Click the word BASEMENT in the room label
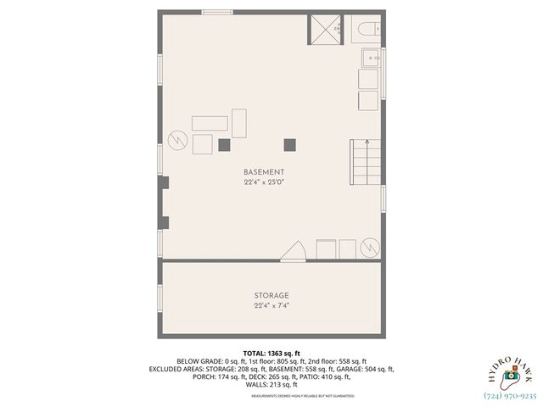263,172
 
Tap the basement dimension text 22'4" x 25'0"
263,182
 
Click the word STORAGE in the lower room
271,295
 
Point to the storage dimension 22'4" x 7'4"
271,305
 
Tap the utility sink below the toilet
371,58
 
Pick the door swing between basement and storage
294,251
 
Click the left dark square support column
224,144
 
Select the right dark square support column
290,144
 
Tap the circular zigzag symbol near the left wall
179,140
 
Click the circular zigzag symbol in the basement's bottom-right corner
370,247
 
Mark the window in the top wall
217,12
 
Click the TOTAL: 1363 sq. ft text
271,353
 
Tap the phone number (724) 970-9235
509,394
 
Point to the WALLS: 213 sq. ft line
271,385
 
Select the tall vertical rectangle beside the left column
240,124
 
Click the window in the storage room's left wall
160,298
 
